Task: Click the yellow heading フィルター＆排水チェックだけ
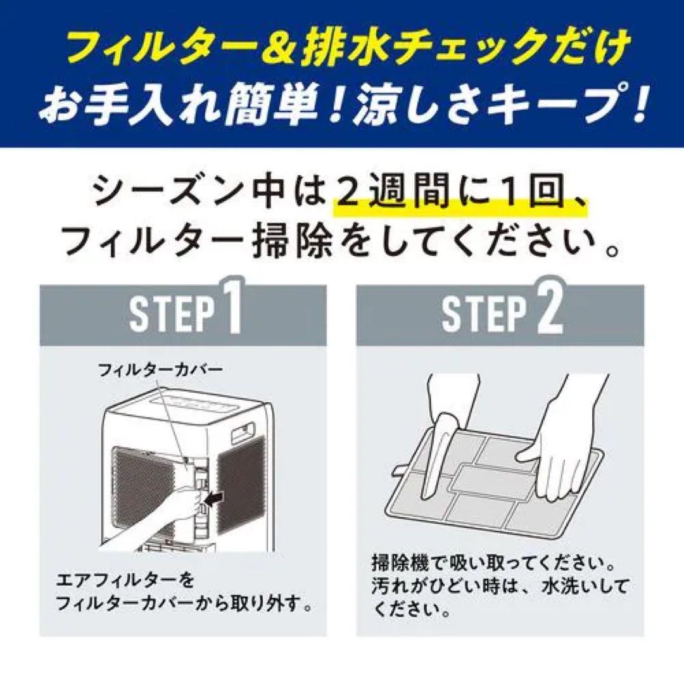click(x=342, y=49)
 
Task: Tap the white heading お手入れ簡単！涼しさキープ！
click(x=342, y=108)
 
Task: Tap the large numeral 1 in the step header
click(x=232, y=312)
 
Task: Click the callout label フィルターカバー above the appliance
click(x=160, y=370)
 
